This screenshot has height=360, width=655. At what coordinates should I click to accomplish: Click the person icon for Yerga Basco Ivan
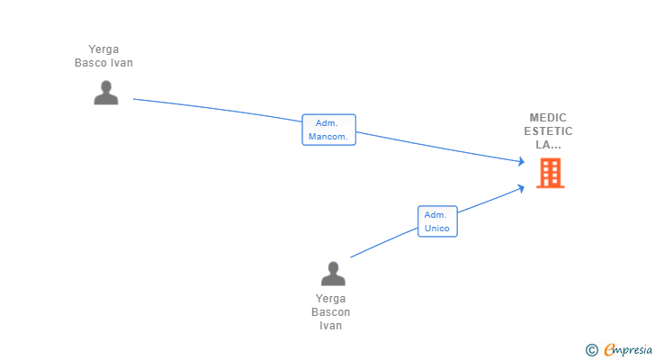106,93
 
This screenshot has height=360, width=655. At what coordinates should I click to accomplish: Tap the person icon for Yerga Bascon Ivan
333,274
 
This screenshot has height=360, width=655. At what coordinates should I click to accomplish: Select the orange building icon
550,173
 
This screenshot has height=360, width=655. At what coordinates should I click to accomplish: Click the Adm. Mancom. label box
328,130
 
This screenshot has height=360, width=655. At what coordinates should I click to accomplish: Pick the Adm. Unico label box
437,221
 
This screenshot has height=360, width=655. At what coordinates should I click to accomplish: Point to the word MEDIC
548,118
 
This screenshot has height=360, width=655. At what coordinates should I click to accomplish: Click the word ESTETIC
548,131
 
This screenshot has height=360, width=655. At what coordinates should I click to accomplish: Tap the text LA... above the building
548,145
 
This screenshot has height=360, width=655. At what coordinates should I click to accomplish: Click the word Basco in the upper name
88,63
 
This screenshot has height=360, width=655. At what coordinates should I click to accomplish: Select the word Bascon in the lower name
331,312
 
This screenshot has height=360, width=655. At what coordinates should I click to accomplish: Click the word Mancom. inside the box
328,137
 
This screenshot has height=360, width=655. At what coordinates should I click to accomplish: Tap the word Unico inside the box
437,228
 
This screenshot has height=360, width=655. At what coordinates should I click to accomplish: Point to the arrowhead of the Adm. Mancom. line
521,161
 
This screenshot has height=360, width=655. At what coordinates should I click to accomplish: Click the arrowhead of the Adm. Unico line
521,188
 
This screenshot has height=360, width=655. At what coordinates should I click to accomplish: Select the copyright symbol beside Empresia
591,350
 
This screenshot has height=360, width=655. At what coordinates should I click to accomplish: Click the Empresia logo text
628,349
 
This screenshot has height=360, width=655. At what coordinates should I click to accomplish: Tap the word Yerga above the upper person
103,49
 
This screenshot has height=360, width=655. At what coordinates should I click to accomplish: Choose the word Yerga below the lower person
331,299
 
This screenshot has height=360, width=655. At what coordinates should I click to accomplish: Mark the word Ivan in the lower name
331,325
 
